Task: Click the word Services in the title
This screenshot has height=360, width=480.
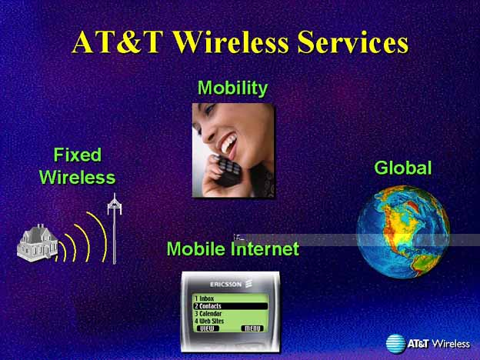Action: coord(352,42)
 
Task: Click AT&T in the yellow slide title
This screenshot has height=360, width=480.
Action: coord(117,42)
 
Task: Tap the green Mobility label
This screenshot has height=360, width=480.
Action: coord(232,88)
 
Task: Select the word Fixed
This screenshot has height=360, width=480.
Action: coord(78,155)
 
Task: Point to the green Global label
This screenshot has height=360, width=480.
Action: coord(403,168)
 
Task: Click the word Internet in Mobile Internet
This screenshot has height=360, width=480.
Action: coord(265,248)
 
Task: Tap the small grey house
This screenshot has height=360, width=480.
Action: coord(38,243)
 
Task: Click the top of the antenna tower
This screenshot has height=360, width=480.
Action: coord(115,194)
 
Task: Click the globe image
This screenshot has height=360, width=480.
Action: coord(403,232)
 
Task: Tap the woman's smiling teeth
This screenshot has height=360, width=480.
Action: coord(229,144)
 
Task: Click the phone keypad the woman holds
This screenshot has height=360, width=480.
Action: coord(227,170)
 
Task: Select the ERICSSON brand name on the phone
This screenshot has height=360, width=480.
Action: coord(226,285)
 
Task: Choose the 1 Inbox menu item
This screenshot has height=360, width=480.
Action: coord(204,298)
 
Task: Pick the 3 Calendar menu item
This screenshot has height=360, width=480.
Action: coord(208,314)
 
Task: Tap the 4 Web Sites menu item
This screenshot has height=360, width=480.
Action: coord(209,321)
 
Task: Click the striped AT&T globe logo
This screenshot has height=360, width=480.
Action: coord(395,344)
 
